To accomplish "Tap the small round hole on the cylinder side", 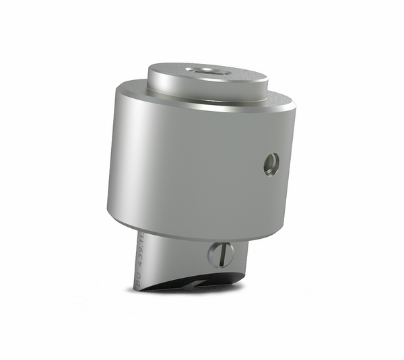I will pos(271,164).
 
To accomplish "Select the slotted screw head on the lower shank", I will pos(220,254).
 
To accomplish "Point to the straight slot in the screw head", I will pos(220,254).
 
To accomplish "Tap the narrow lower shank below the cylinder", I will pos(182,259).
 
